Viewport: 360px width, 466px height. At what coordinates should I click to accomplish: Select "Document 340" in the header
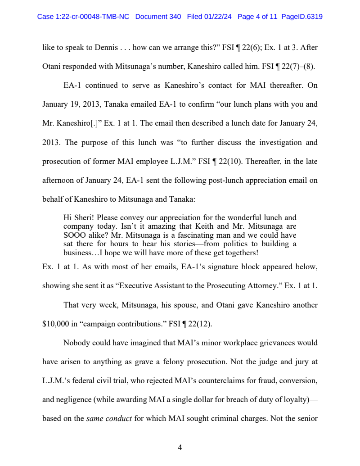158,17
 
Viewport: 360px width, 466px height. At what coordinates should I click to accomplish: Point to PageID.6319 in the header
302,17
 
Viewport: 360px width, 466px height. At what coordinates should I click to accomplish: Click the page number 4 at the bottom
180,448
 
